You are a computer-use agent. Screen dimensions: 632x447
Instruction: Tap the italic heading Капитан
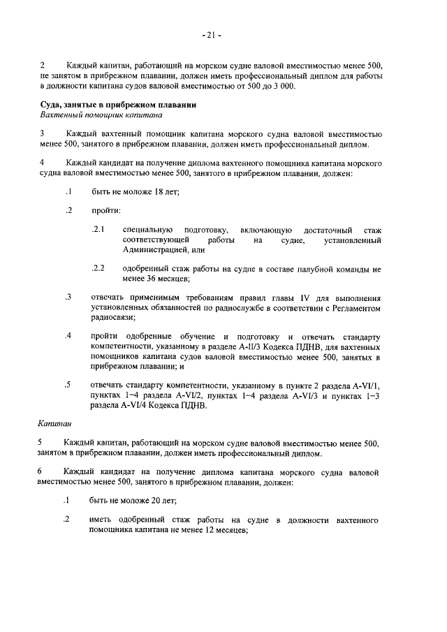54,422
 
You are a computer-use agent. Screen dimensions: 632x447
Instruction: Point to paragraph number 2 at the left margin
41,66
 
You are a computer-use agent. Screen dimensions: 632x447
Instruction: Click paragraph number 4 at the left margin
41,163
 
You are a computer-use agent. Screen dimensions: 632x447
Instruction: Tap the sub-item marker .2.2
98,268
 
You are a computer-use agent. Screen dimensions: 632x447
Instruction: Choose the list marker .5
68,385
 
